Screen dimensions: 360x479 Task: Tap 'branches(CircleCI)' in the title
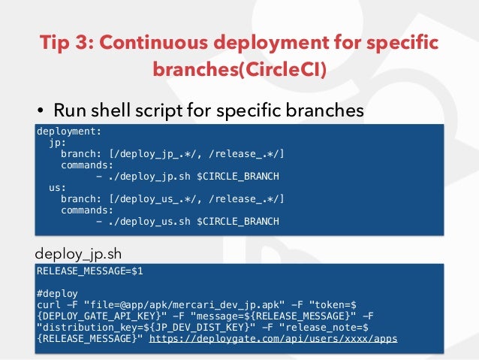[x=239, y=69]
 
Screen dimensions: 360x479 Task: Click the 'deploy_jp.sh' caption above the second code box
[x=78, y=252]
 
